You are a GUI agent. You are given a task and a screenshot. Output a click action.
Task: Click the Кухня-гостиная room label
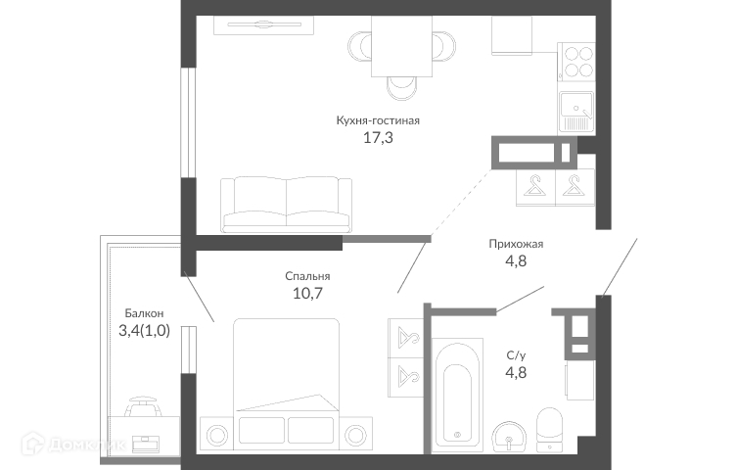(x=378, y=120)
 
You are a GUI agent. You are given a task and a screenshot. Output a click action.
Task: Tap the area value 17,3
(x=378, y=138)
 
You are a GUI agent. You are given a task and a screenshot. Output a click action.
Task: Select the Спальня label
(x=307, y=276)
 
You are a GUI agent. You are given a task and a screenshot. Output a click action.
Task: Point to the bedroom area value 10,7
(x=307, y=294)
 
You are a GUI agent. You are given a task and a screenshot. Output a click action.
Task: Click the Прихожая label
(x=516, y=244)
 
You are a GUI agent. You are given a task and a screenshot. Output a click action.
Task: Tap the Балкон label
(x=144, y=313)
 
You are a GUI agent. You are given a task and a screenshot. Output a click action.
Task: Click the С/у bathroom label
(x=516, y=355)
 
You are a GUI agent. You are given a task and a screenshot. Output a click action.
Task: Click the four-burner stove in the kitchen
(x=575, y=62)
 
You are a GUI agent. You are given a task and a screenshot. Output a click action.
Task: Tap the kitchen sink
(x=576, y=112)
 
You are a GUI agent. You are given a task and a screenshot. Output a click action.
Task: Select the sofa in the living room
(x=286, y=205)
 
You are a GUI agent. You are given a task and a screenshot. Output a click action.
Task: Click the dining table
(x=401, y=46)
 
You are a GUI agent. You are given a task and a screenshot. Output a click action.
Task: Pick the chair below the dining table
(x=401, y=88)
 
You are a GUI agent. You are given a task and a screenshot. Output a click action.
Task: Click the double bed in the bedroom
(x=286, y=381)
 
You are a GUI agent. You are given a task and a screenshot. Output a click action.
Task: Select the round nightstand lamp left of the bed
(x=217, y=436)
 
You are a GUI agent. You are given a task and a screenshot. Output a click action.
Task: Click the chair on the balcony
(x=143, y=406)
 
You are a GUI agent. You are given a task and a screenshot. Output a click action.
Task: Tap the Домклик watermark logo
(x=73, y=444)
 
